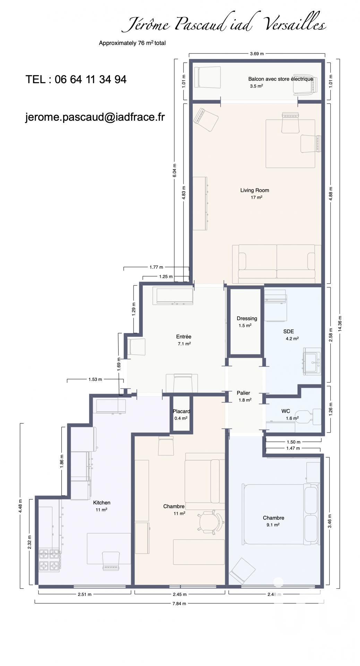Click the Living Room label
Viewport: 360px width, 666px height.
pyautogui.click(x=255, y=190)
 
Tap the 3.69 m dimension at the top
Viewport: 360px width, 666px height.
pyautogui.click(x=257, y=54)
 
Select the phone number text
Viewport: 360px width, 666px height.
pyautogui.click(x=76, y=79)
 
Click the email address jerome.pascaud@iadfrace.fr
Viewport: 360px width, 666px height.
pyautogui.click(x=95, y=117)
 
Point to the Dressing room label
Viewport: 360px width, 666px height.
pyautogui.click(x=247, y=318)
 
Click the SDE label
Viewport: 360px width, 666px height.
pyautogui.click(x=289, y=331)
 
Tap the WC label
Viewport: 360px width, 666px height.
pyautogui.click(x=286, y=411)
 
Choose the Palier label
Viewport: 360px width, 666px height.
pyautogui.click(x=243, y=393)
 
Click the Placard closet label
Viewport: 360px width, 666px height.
pyautogui.click(x=181, y=411)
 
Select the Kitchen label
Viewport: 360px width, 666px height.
pyautogui.click(x=102, y=503)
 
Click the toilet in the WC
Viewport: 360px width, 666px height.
pyautogui.click(x=308, y=416)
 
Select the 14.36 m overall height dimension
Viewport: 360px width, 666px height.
pyautogui.click(x=340, y=324)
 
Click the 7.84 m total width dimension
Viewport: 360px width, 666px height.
pyautogui.click(x=179, y=603)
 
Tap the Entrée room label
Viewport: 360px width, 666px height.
pyautogui.click(x=183, y=336)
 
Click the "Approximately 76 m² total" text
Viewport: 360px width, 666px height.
pyautogui.click(x=132, y=43)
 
